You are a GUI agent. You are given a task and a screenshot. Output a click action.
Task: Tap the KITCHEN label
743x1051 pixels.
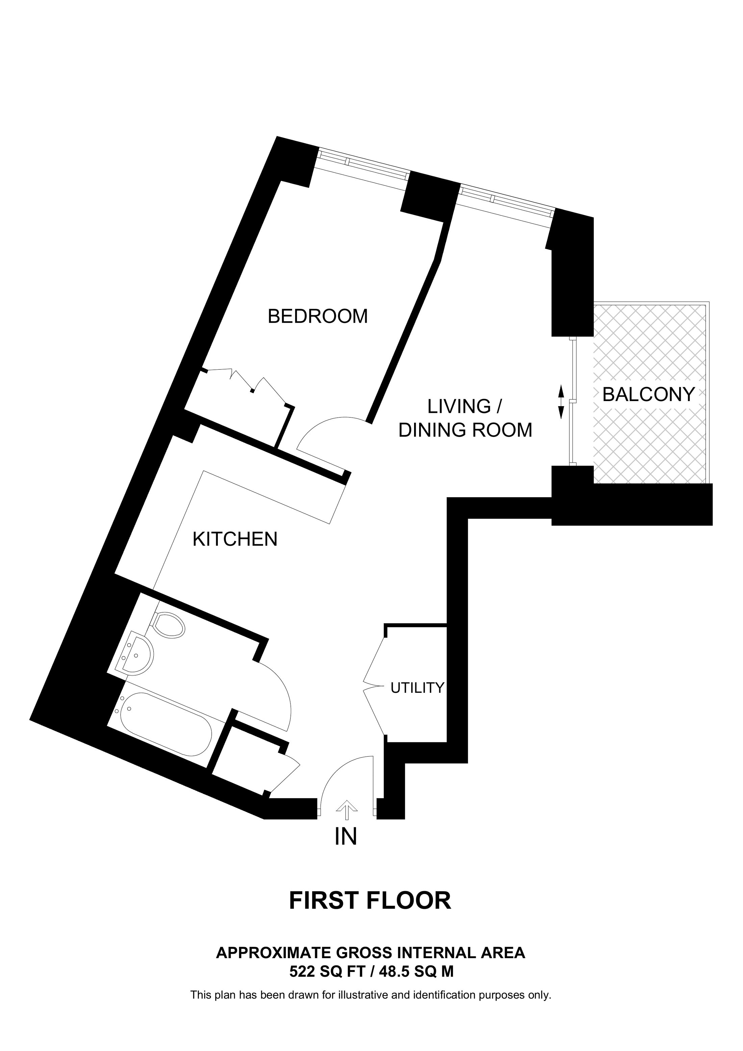pos(235,539)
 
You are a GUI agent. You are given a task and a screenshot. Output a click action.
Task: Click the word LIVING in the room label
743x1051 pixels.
pos(452,406)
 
